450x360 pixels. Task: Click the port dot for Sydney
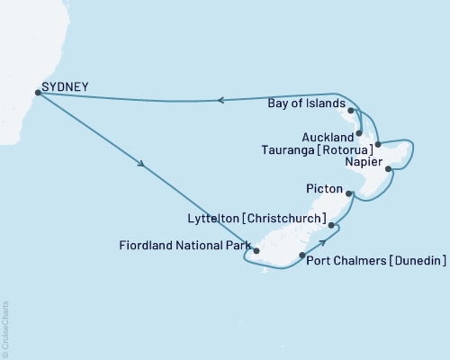click(x=37, y=92)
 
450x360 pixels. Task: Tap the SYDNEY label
click(x=65, y=87)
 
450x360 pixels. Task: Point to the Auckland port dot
click(x=360, y=132)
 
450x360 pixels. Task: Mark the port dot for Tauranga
click(x=378, y=144)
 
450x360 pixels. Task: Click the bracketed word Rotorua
click(x=348, y=148)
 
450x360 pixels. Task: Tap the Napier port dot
click(x=388, y=168)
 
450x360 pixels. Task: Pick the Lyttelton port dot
click(x=331, y=225)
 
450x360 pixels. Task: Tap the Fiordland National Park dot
click(x=256, y=252)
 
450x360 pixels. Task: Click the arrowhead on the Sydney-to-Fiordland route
click(x=140, y=165)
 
